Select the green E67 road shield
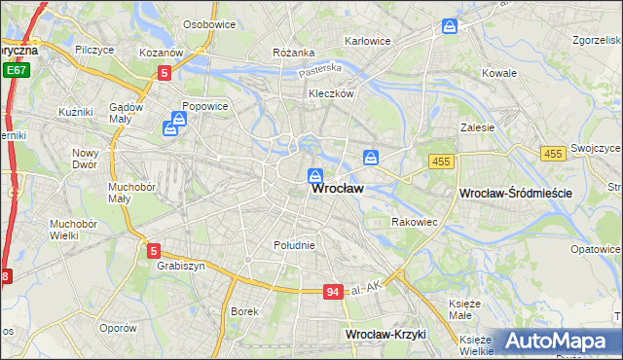15,71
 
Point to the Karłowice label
368,42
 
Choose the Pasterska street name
320,69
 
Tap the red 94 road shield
332,291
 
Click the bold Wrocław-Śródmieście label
514,194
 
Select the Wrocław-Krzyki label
386,334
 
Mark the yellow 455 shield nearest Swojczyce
553,154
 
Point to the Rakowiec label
414,222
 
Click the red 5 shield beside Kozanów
165,72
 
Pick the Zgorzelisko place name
586,42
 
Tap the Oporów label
118,328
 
